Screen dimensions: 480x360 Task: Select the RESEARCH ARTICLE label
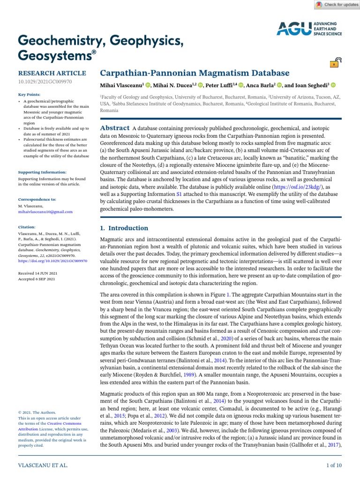[52, 73]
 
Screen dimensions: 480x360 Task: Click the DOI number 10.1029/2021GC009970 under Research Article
[45, 82]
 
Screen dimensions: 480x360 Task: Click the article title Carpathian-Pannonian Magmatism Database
[195, 73]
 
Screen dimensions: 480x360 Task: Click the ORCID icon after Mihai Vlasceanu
[148, 85]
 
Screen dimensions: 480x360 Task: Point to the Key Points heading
[29, 94]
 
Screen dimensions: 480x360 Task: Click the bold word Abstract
[115, 128]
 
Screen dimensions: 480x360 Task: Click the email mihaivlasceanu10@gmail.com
[45, 212]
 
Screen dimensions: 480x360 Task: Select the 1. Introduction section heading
[124, 228]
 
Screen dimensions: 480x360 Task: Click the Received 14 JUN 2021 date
[37, 273]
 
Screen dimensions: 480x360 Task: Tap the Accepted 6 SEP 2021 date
[37, 279]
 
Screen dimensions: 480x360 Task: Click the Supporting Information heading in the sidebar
[42, 172]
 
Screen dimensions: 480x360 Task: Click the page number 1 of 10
[334, 465]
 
